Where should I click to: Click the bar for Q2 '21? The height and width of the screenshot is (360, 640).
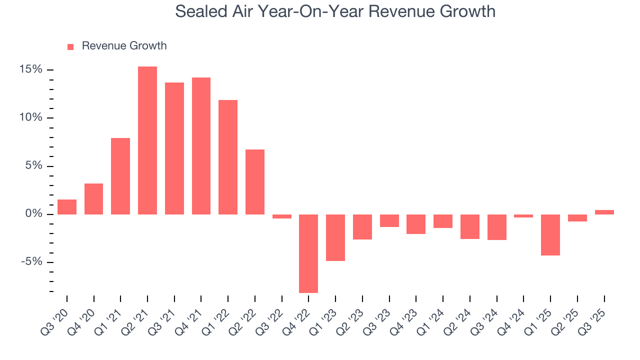pyautogui.click(x=147, y=140)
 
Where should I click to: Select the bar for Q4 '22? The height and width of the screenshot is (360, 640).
pyautogui.click(x=308, y=253)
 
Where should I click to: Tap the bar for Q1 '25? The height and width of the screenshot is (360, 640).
pyautogui.click(x=550, y=235)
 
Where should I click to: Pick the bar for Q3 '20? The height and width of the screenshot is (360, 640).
pyautogui.click(x=67, y=207)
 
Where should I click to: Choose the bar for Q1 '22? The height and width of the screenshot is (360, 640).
pyautogui.click(x=228, y=157)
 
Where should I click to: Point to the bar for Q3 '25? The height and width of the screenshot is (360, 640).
pyautogui.click(x=604, y=212)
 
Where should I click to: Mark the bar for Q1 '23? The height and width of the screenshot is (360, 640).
pyautogui.click(x=335, y=237)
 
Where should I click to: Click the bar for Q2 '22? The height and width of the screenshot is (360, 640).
pyautogui.click(x=255, y=182)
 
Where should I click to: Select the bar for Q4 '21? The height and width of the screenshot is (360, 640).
pyautogui.click(x=201, y=146)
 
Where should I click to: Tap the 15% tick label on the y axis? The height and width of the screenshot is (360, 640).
pyautogui.click(x=31, y=69)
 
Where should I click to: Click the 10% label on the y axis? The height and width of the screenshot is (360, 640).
pyautogui.click(x=31, y=118)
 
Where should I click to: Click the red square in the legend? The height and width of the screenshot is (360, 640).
pyautogui.click(x=70, y=46)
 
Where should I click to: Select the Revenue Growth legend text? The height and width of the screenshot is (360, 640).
pyautogui.click(x=124, y=46)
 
